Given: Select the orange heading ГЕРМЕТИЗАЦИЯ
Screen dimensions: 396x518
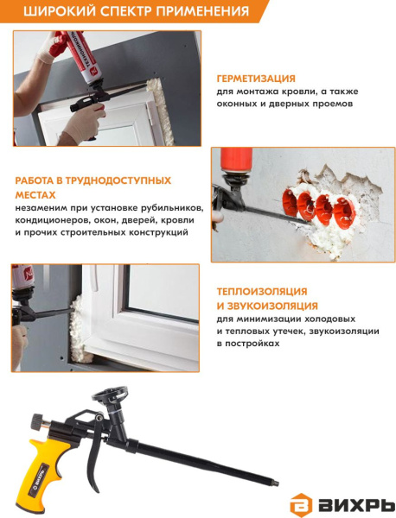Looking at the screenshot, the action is point(256,79).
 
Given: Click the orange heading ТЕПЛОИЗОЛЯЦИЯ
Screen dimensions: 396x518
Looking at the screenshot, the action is point(262,292).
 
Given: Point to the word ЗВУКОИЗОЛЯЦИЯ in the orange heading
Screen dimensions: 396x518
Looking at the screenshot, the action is point(271,306).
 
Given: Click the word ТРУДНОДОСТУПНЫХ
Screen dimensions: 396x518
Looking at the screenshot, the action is point(118,180).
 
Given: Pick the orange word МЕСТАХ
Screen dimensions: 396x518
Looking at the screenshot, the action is point(35,195).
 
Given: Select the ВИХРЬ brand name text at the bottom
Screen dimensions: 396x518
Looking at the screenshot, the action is point(356,505).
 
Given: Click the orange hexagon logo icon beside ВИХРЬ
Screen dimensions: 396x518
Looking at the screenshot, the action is point(301,505).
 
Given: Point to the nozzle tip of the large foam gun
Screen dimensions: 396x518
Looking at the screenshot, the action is point(275,483).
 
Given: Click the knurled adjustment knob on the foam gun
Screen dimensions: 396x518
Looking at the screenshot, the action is point(38,421).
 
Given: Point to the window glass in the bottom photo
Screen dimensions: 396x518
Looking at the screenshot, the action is point(163,292).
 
